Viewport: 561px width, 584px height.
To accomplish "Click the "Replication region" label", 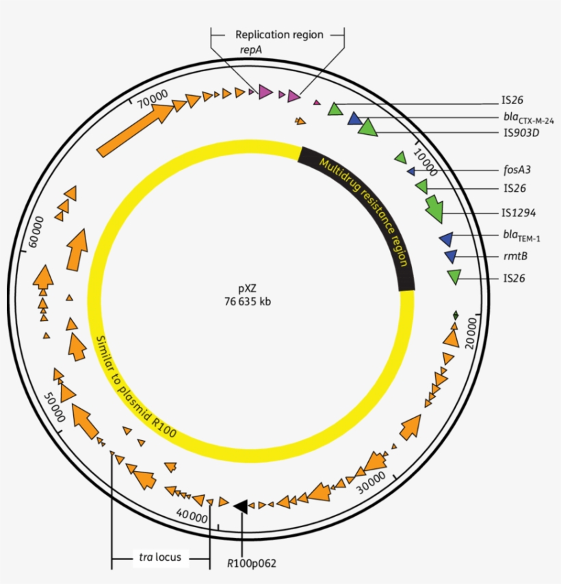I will coord(278,34).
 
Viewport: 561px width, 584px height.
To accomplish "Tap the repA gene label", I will coord(250,50).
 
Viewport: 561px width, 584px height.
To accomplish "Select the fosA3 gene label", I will coord(517,169).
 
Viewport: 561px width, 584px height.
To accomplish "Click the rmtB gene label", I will coord(514,256).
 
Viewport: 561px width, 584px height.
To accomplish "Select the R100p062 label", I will coord(252,563).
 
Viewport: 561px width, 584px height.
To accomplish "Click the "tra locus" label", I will coord(159,557).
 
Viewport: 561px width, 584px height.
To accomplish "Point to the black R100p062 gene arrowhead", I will coord(241,505).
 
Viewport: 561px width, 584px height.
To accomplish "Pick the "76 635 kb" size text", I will coord(247,301).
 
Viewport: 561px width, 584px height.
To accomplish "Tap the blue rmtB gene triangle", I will coord(450,256).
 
